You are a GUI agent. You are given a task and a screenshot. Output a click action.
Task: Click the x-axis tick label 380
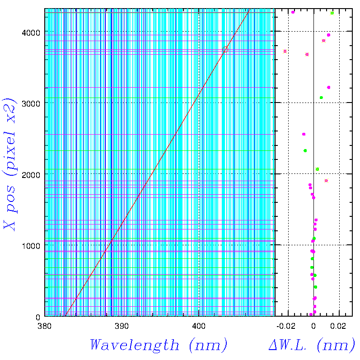tap(44, 326)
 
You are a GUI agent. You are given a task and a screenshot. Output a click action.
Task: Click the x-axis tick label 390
tap(121, 326)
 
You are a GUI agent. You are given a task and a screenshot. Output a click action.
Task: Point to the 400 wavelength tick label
tap(199, 326)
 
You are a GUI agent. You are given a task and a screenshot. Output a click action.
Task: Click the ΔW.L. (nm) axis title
tap(312, 346)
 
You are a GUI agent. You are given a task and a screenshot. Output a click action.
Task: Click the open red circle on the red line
tap(225, 50)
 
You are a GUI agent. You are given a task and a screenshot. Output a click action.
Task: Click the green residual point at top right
tap(332, 13)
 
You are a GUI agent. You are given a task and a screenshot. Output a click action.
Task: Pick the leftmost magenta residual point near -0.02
tap(285, 51)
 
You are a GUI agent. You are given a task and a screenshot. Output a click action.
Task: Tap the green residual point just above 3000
tap(321, 98)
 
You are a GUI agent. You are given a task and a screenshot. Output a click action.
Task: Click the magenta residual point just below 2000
tap(326, 181)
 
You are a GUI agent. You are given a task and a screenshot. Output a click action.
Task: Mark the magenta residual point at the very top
tap(293, 12)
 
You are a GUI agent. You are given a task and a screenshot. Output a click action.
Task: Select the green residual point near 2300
tap(305, 150)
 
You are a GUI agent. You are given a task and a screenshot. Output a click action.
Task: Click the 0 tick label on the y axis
tap(39, 316)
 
